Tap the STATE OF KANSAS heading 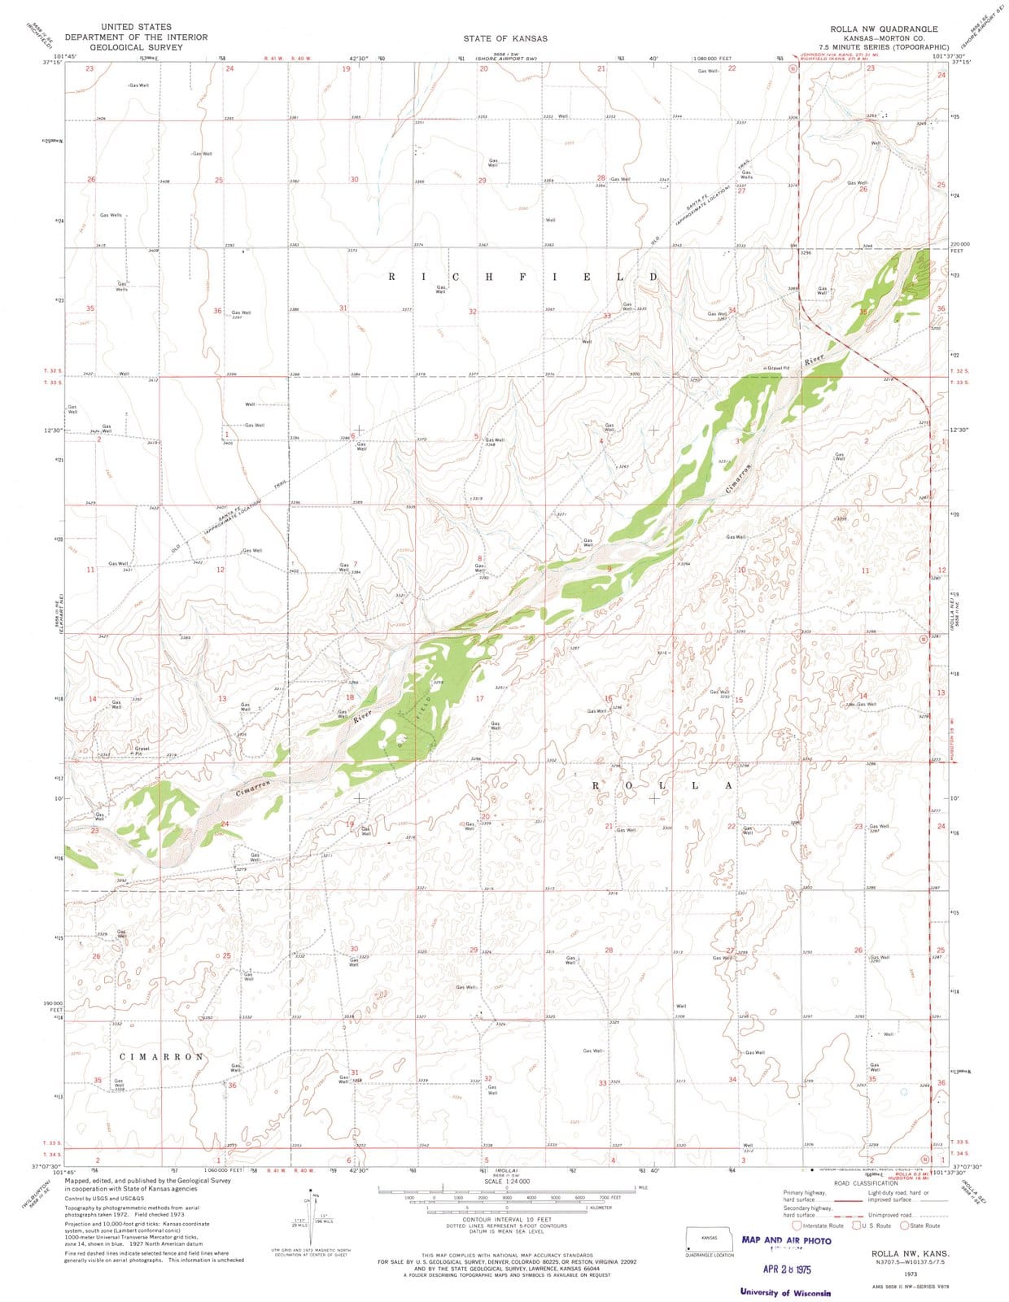pos(505,38)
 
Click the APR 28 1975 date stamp pos(787,1269)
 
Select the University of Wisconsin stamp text pos(785,1292)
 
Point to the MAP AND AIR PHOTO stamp pos(786,1240)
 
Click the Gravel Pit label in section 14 pos(142,750)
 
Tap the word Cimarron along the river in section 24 pos(253,787)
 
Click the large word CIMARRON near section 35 pos(161,1056)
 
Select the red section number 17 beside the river pos(479,698)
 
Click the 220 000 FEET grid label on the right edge pos(960,247)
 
